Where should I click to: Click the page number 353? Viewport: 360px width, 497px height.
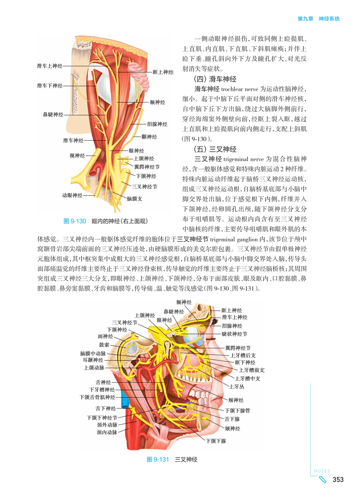click(x=338, y=480)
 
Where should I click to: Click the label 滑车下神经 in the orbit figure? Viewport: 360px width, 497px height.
click(x=50, y=85)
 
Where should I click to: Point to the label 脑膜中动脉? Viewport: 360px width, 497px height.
click(x=93, y=353)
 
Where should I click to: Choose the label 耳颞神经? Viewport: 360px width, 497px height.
click(x=93, y=360)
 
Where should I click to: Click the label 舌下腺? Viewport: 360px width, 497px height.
click(x=232, y=419)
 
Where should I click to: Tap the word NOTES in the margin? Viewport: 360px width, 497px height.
click(x=322, y=471)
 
